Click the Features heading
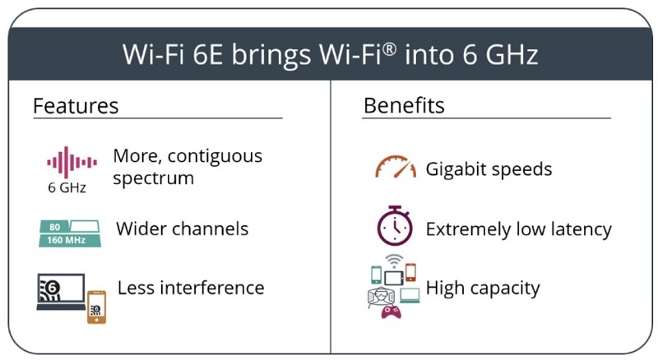pyautogui.click(x=76, y=106)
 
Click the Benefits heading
pyautogui.click(x=404, y=105)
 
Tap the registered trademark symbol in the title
pyautogui.click(x=389, y=49)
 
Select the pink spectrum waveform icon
pyautogui.click(x=72, y=163)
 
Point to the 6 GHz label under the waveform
pyautogui.click(x=67, y=187)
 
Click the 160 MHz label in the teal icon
pyautogui.click(x=66, y=241)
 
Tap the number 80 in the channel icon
pyautogui.click(x=54, y=227)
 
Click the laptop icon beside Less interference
pyautogui.click(x=61, y=292)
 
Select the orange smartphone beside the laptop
pyautogui.click(x=96, y=307)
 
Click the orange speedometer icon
pyautogui.click(x=396, y=167)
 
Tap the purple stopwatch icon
pyautogui.click(x=395, y=226)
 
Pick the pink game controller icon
pyautogui.click(x=391, y=312)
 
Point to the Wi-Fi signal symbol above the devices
pyautogui.click(x=394, y=261)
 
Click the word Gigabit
pyautogui.click(x=456, y=169)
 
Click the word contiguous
pyautogui.click(x=215, y=156)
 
